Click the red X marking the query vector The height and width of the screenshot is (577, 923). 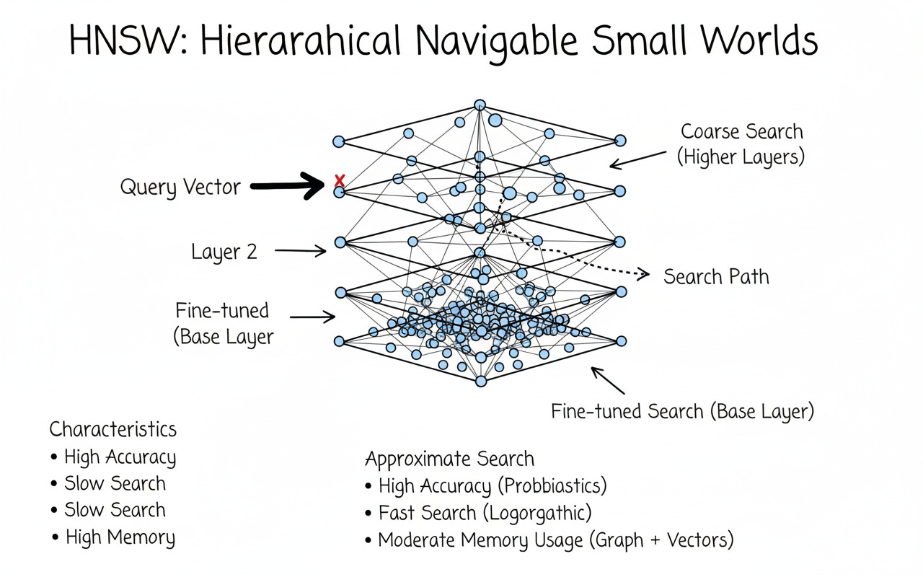tap(340, 181)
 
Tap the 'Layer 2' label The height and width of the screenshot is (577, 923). tap(224, 252)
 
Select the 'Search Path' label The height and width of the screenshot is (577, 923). tap(715, 277)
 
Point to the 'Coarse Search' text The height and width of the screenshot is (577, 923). tap(741, 132)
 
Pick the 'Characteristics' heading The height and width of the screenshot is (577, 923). tap(112, 430)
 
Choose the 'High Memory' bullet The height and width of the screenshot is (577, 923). tap(120, 537)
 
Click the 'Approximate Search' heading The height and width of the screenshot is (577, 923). tap(449, 459)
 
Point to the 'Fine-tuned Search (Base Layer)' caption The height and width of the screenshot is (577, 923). tap(682, 412)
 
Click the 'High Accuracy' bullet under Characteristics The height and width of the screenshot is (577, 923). tap(120, 457)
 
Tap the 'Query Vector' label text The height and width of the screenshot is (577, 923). tap(180, 188)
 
